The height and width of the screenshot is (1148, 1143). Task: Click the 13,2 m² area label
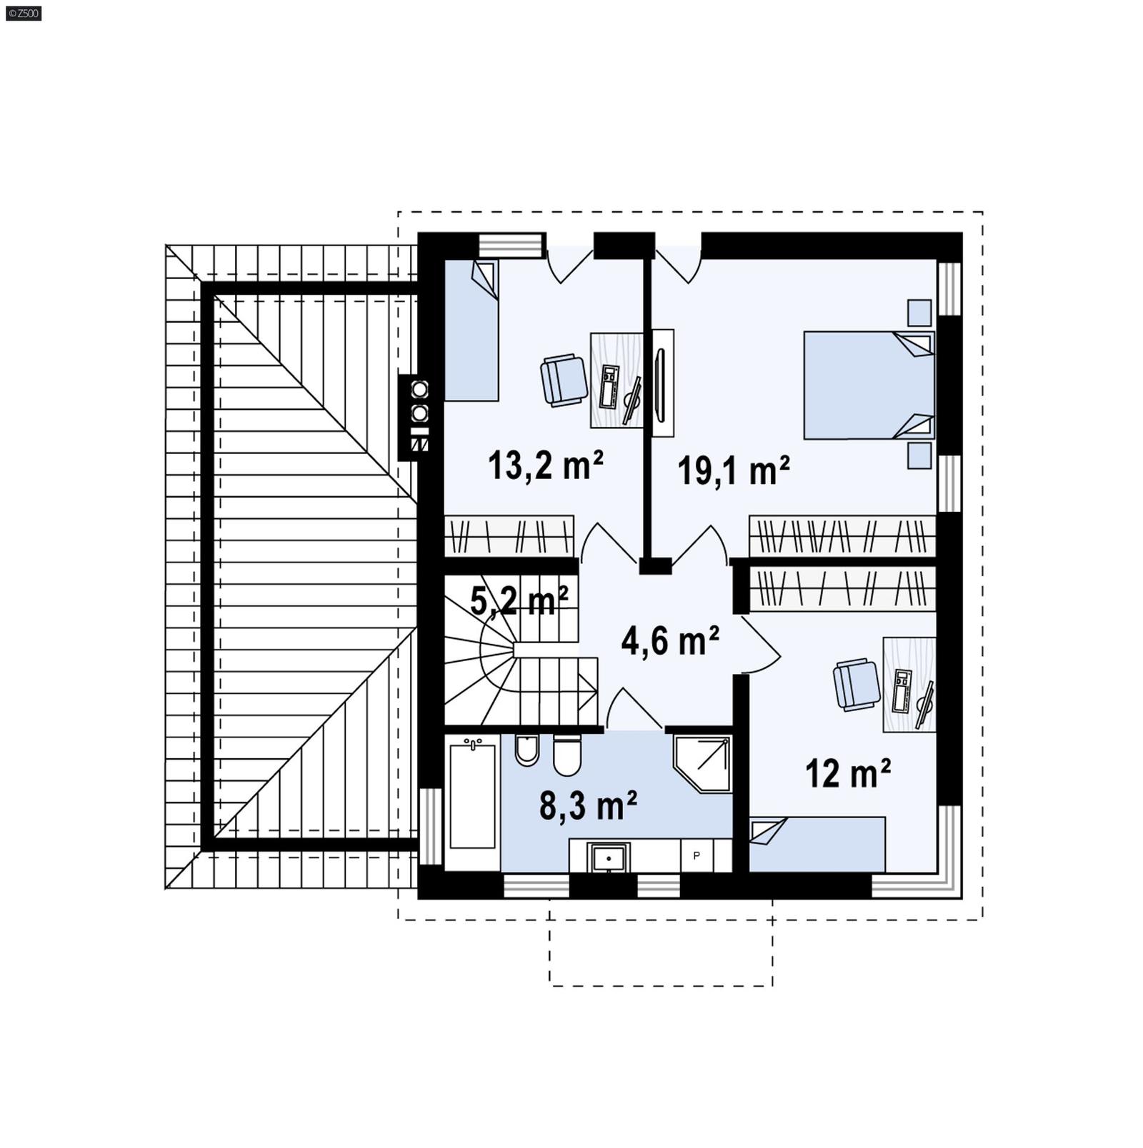coord(546,465)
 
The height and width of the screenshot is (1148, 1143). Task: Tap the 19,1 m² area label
coord(734,470)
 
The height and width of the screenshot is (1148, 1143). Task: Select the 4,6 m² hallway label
coord(669,640)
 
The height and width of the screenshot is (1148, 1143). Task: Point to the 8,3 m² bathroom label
coord(588,806)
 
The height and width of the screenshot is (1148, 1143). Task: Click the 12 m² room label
coord(848,772)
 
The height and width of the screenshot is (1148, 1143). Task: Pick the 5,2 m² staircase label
coord(519,600)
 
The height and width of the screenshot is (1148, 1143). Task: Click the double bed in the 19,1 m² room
coord(868,385)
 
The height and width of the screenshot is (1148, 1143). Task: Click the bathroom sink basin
coord(608,856)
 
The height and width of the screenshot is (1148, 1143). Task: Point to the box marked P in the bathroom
coord(697,855)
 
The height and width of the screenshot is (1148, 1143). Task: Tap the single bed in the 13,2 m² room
coord(471,331)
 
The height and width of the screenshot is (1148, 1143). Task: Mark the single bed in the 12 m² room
coord(817,844)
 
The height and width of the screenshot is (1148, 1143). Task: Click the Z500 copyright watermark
coord(23,13)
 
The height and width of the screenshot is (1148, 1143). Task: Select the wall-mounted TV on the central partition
coord(659,384)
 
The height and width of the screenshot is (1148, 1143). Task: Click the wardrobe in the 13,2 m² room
coord(509,535)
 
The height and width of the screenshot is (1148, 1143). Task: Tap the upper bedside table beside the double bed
coord(919,313)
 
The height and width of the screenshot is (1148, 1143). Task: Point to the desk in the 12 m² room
coord(909,685)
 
